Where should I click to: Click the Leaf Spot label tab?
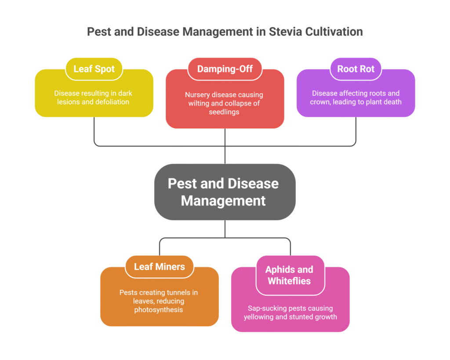pos(94,69)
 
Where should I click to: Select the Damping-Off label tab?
pos(225,69)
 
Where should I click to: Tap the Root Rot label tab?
pos(356,69)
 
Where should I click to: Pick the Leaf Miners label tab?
pos(159,266)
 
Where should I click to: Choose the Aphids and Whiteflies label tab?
pos(290,275)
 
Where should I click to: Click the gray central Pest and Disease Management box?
pos(225,192)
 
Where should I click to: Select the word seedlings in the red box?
pos(225,112)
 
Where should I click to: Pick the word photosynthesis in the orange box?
pos(159,310)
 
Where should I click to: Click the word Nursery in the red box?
pos(197,95)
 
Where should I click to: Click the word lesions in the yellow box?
pos(67,102)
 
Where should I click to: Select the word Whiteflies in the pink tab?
pos(290,281)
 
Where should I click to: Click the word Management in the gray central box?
pos(223,201)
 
